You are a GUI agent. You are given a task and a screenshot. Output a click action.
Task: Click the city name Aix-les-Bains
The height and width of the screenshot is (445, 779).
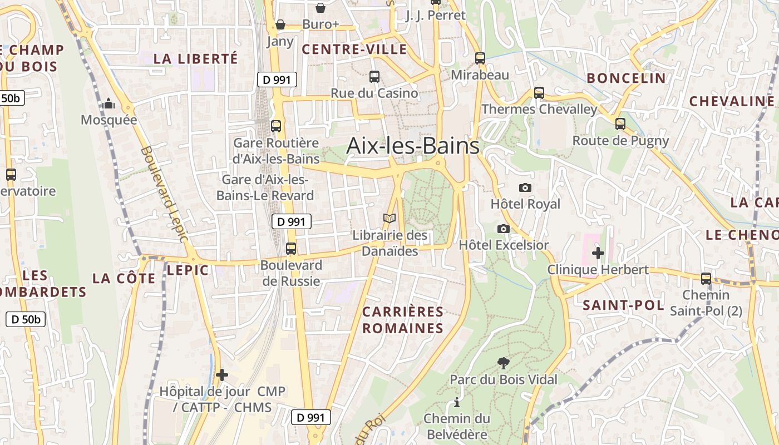412,146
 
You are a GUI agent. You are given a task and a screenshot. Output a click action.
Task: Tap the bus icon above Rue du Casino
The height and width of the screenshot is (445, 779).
374,77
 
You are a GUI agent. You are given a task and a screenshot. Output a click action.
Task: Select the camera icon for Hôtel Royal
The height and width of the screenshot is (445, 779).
525,187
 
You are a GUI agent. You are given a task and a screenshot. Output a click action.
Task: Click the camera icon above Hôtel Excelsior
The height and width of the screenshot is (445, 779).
503,229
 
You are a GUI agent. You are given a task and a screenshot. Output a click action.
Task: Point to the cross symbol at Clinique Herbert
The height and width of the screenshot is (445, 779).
598,253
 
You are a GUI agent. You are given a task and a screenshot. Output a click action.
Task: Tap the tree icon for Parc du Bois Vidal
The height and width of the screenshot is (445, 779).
503,363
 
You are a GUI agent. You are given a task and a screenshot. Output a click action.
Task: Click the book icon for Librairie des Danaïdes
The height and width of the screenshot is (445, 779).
389,219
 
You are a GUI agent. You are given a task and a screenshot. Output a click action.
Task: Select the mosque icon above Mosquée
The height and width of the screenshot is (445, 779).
109,103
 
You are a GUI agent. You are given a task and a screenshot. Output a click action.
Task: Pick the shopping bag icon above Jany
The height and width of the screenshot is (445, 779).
280,25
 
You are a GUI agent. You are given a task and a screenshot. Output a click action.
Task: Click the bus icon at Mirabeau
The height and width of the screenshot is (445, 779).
480,58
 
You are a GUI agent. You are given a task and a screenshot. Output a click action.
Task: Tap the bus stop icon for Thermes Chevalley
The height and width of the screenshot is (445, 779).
539,93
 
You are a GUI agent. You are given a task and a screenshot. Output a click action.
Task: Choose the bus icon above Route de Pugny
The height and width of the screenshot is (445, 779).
620,124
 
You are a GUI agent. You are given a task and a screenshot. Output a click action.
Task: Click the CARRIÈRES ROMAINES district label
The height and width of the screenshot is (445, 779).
403,320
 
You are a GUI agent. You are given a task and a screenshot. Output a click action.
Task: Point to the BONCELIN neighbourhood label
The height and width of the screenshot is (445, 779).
626,78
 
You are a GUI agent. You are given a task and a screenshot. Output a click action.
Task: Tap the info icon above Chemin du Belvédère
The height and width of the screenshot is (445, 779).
457,402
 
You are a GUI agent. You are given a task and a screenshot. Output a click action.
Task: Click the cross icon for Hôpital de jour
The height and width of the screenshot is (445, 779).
222,375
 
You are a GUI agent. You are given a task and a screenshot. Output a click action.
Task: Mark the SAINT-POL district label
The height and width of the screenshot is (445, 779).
623,305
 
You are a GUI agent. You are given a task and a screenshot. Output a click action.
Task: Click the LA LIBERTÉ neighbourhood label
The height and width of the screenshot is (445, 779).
195,58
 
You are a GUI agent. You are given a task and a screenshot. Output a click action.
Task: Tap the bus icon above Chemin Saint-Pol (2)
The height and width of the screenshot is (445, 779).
706,279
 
